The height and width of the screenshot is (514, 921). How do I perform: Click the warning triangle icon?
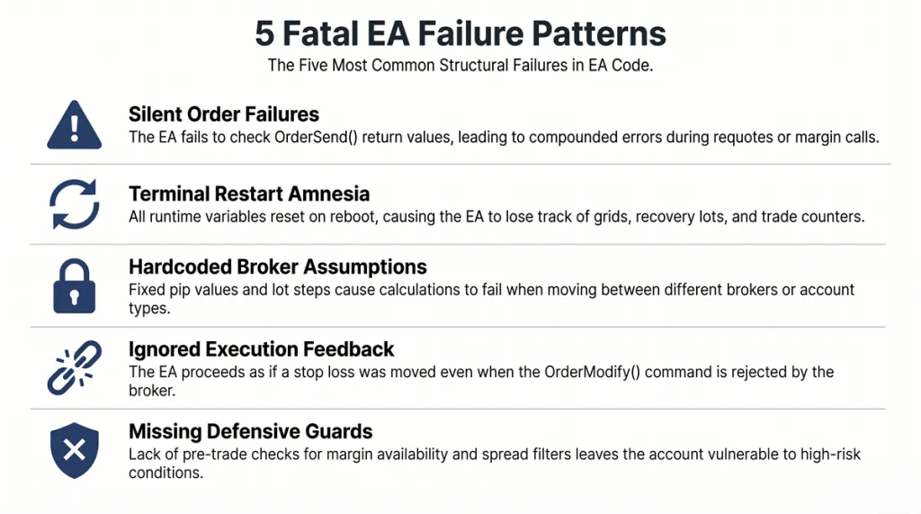[75, 125]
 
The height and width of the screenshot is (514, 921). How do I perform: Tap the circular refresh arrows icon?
[75, 204]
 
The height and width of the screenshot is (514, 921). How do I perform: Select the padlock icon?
[75, 285]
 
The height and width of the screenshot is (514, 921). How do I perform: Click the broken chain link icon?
[75, 369]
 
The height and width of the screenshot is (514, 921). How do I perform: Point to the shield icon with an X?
[75, 449]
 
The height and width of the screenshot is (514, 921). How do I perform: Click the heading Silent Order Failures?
[224, 114]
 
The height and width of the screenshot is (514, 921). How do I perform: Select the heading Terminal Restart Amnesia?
[249, 194]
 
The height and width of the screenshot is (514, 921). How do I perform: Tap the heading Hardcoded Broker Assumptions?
[278, 267]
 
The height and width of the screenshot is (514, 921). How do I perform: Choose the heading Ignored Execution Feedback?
[262, 349]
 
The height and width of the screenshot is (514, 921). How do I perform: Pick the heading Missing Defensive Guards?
[251, 431]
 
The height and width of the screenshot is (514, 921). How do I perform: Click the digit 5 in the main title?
[265, 34]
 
